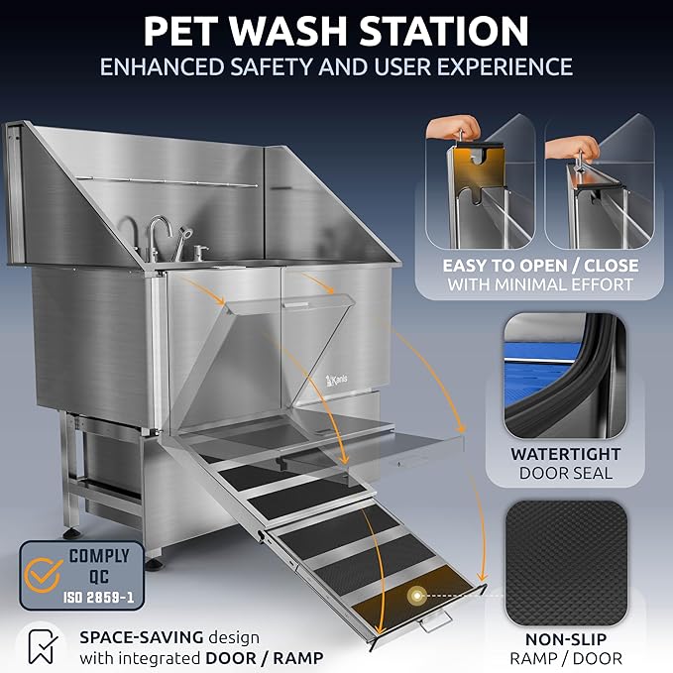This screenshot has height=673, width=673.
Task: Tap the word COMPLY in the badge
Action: pos(99,556)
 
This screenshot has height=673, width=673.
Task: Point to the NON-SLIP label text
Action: pos(566,638)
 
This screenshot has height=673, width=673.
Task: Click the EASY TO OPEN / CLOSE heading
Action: pos(541,267)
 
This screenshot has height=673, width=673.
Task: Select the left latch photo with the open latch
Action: pos(480,181)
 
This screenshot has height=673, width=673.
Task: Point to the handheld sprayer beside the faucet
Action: pos(182,237)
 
